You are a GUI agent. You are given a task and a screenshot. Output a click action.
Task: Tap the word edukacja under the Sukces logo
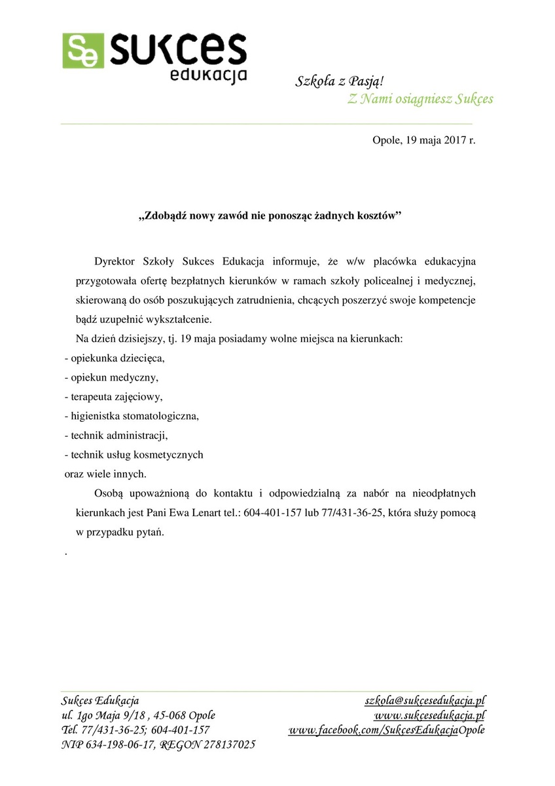click(208, 74)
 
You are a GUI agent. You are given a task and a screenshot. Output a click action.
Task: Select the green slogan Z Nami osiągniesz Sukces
click(420, 100)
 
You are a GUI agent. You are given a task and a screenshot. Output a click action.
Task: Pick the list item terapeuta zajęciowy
click(115, 397)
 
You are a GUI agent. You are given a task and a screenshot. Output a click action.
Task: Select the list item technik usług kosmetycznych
click(137, 454)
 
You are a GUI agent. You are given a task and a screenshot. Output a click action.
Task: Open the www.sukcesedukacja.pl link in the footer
click(429, 715)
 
